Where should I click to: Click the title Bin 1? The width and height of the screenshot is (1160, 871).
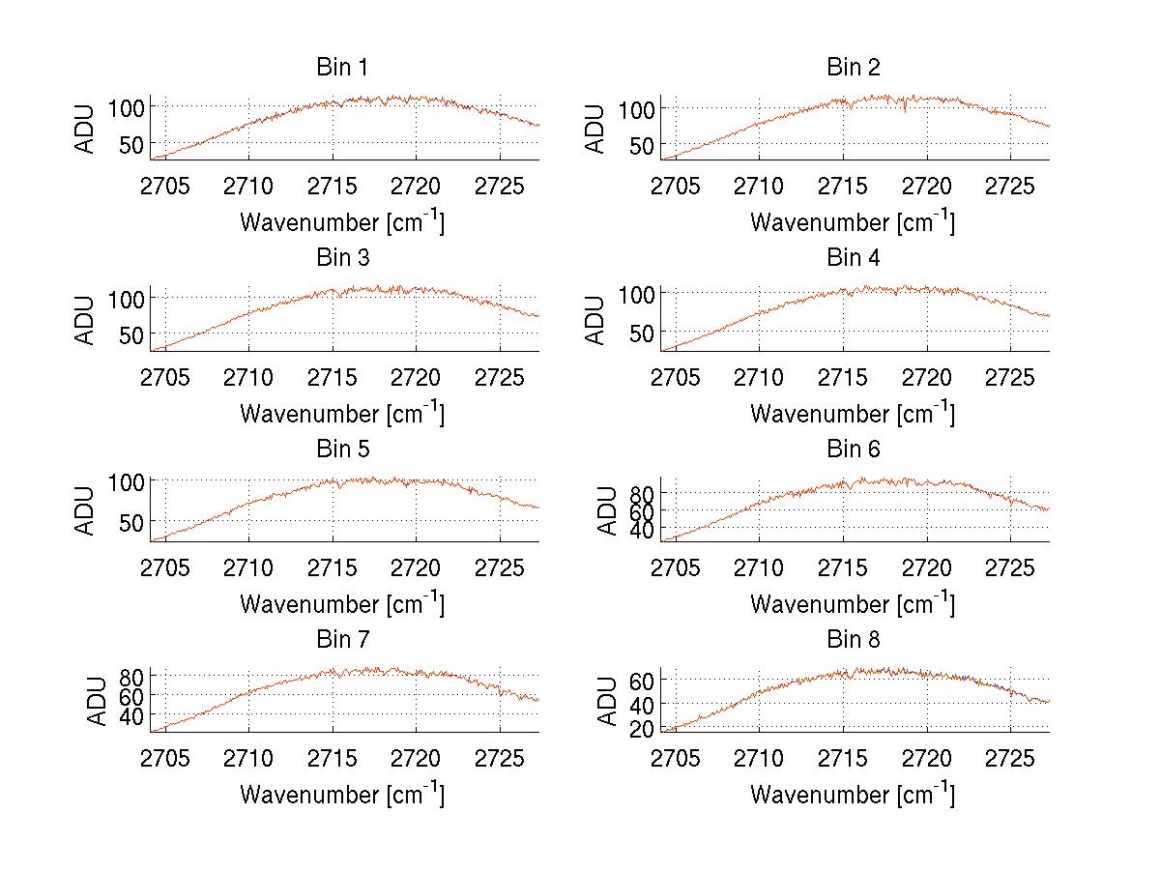tap(341, 68)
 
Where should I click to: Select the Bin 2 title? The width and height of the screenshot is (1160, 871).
tap(853, 68)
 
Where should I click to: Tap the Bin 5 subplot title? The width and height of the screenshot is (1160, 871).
tap(341, 450)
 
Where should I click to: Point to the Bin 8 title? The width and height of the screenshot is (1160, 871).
tap(853, 640)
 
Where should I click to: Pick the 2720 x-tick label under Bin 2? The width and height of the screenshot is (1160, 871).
tap(927, 186)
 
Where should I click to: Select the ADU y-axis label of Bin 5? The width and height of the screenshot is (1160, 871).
tap(86, 509)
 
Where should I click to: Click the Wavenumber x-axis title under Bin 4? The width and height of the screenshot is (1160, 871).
tap(853, 413)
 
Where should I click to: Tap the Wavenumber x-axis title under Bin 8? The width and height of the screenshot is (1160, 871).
tap(853, 795)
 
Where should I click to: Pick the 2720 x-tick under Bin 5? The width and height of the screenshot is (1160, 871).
tap(417, 567)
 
